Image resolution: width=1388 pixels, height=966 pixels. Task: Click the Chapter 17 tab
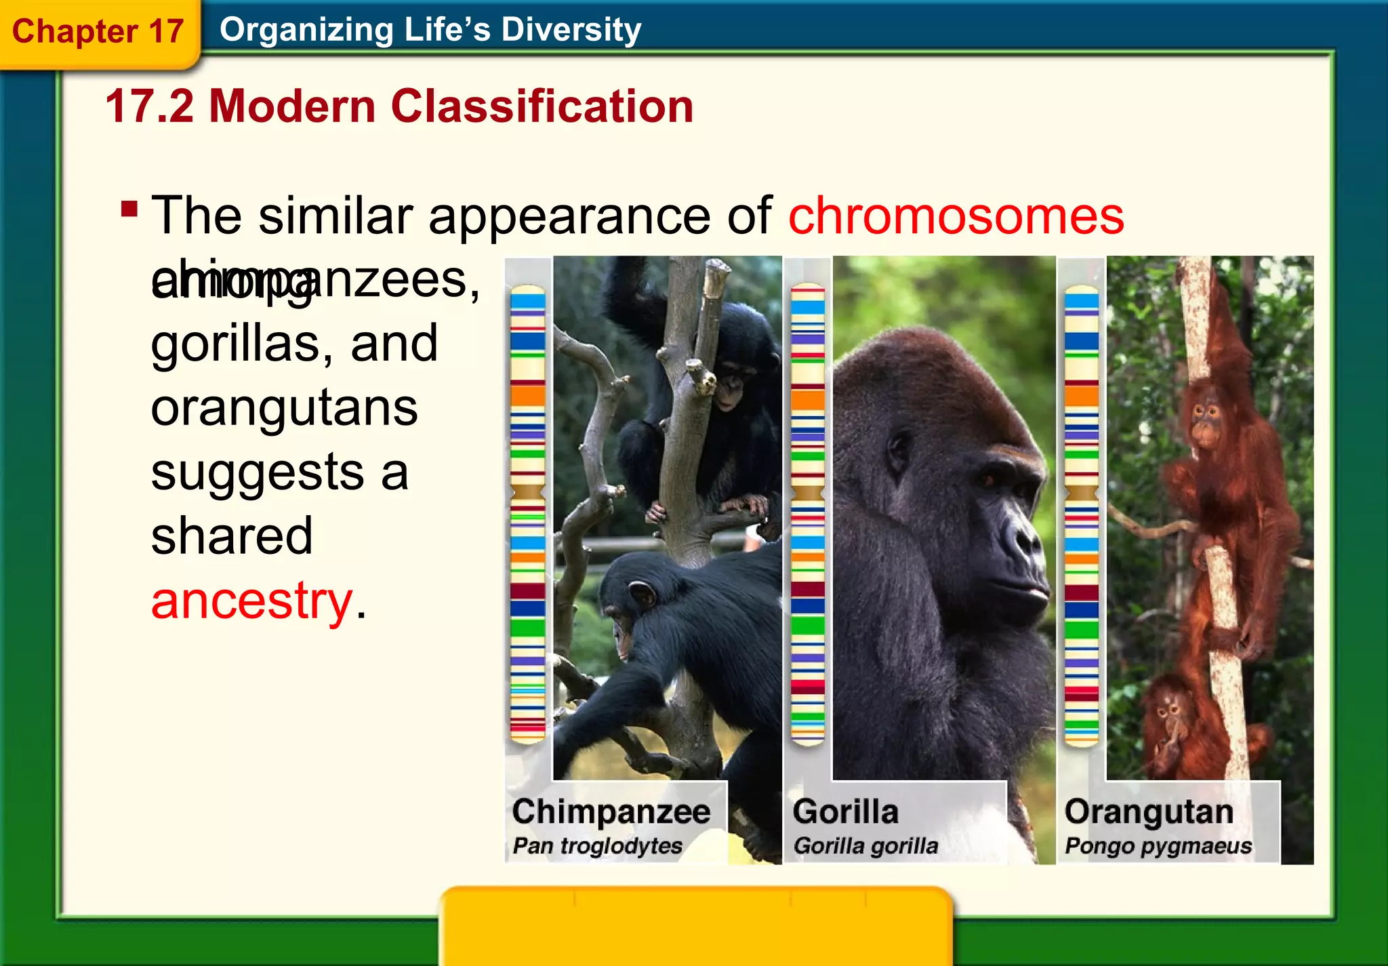click(x=98, y=32)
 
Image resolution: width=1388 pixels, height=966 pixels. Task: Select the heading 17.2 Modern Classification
click(x=399, y=106)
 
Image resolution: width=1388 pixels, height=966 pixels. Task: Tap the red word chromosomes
click(x=956, y=216)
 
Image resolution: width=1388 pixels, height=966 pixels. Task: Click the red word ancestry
click(x=251, y=601)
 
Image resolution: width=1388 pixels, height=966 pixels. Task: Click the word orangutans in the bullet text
click(x=284, y=408)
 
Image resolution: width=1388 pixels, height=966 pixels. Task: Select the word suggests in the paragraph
click(x=258, y=472)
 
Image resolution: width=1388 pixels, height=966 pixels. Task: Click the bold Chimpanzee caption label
click(x=611, y=811)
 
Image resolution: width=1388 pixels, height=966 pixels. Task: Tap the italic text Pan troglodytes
click(x=597, y=846)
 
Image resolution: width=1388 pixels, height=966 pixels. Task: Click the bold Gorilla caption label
click(x=845, y=811)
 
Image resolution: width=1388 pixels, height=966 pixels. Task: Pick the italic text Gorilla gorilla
click(x=865, y=846)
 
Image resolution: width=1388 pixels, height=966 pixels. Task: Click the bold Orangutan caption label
click(x=1149, y=811)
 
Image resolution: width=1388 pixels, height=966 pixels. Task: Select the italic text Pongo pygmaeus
click(x=1158, y=846)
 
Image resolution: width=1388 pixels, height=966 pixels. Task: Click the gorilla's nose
click(x=1023, y=536)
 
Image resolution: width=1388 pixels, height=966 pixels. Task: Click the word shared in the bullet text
click(x=232, y=536)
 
